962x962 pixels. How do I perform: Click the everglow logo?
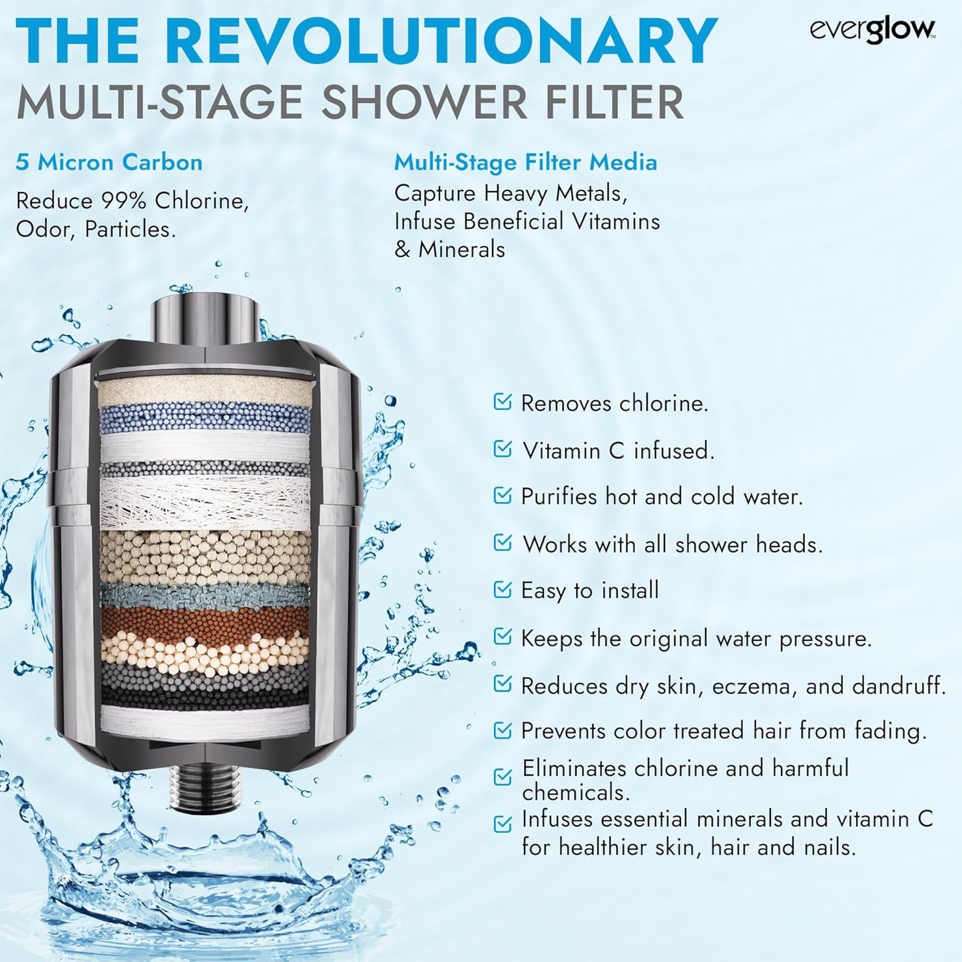point(872,30)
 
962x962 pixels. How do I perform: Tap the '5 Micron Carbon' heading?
point(109,162)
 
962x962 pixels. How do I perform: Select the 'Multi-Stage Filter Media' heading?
point(525,162)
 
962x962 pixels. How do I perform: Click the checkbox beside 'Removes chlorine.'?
point(503,401)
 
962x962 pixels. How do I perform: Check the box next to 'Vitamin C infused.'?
point(503,449)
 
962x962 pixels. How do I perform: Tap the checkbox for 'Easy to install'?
point(503,589)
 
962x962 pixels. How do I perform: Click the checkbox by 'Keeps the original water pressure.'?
point(503,637)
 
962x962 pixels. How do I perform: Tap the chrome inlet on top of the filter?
point(205,318)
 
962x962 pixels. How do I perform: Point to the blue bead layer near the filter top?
point(205,417)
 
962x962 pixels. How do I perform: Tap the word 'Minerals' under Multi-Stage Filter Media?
point(461,250)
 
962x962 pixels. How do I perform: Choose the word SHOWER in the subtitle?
point(435,103)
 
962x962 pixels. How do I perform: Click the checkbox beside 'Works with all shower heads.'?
point(503,543)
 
